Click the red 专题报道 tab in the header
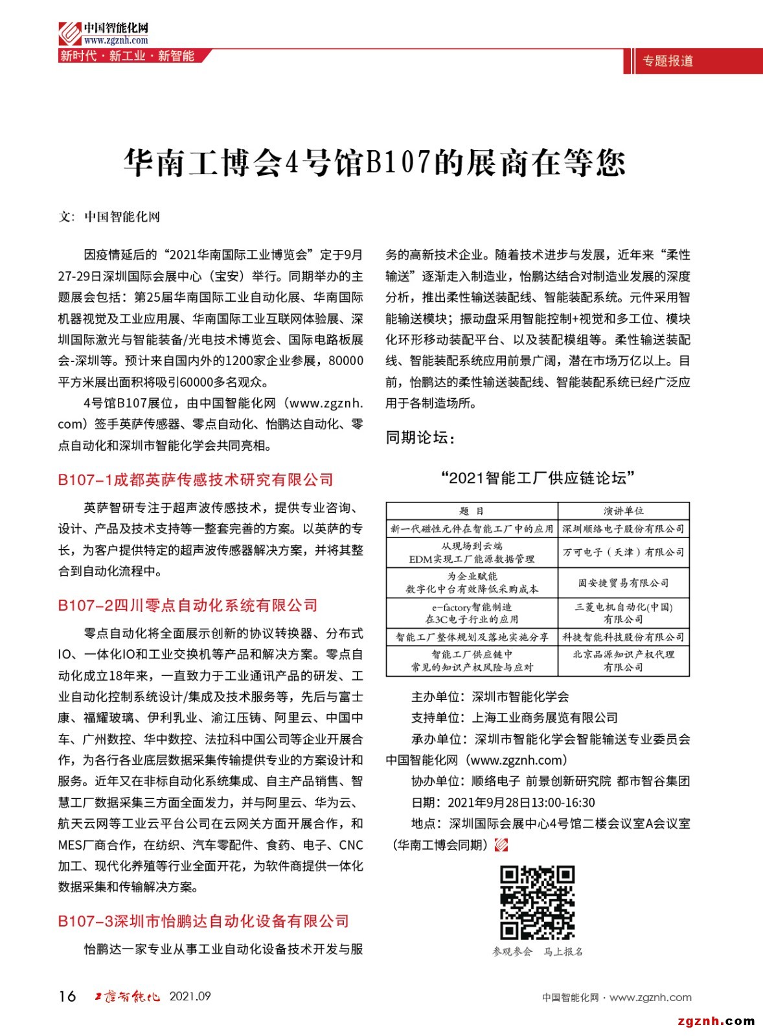(x=667, y=61)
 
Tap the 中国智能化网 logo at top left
(x=104, y=33)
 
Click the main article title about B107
(x=374, y=163)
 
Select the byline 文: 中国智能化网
(x=109, y=217)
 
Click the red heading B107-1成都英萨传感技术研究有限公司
(x=196, y=480)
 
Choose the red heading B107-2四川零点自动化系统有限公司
(x=188, y=605)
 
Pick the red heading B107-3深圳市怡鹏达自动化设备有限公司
(x=203, y=921)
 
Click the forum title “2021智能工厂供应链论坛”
(x=538, y=478)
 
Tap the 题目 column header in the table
(x=472, y=511)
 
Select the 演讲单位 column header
(x=623, y=511)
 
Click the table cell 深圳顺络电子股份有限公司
(x=623, y=528)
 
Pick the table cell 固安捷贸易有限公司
(x=623, y=583)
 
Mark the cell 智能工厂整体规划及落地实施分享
(x=472, y=637)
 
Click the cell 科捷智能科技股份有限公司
(x=623, y=637)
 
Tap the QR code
(x=537, y=902)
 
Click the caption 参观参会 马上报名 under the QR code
(x=537, y=951)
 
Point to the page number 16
(x=67, y=996)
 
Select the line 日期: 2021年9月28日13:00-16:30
(x=503, y=802)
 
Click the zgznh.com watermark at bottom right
(x=716, y=1021)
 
